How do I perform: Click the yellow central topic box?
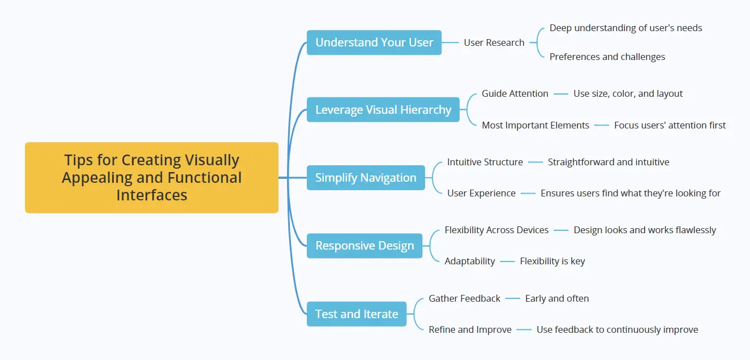point(152,178)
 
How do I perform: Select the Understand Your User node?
point(374,42)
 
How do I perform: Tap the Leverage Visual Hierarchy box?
point(383,110)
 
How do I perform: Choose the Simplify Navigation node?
point(366,178)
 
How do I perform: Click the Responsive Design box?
point(365,246)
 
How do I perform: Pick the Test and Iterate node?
point(357,314)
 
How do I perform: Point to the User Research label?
point(494,42)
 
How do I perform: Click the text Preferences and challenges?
point(607,57)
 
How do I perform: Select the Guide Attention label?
point(515,94)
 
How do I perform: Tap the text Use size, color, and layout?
point(628,94)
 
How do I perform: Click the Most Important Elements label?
point(535,126)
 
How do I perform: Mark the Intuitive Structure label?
point(485,162)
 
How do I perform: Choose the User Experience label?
point(481,194)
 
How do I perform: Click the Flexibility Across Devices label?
point(496,230)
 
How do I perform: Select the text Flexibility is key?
point(552,262)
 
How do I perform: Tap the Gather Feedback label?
point(464,298)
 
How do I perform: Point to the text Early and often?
point(556,298)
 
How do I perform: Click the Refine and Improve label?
point(470,330)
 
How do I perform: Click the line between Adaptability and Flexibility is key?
point(507,262)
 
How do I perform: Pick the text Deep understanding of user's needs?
point(625,28)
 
